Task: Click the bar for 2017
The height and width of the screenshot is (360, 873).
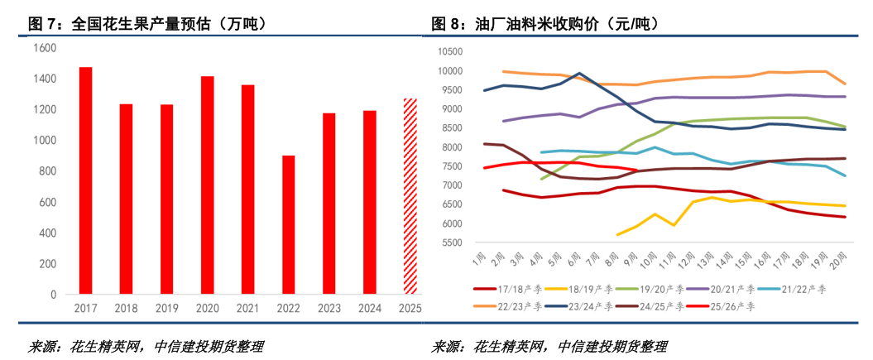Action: (85, 180)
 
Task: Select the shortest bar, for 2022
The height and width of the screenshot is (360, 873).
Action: (289, 224)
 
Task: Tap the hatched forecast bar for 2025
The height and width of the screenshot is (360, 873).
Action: (410, 196)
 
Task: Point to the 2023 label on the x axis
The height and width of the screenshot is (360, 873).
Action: (329, 308)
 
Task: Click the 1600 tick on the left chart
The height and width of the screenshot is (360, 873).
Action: (46, 48)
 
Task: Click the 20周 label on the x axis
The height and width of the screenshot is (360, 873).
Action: (837, 263)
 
